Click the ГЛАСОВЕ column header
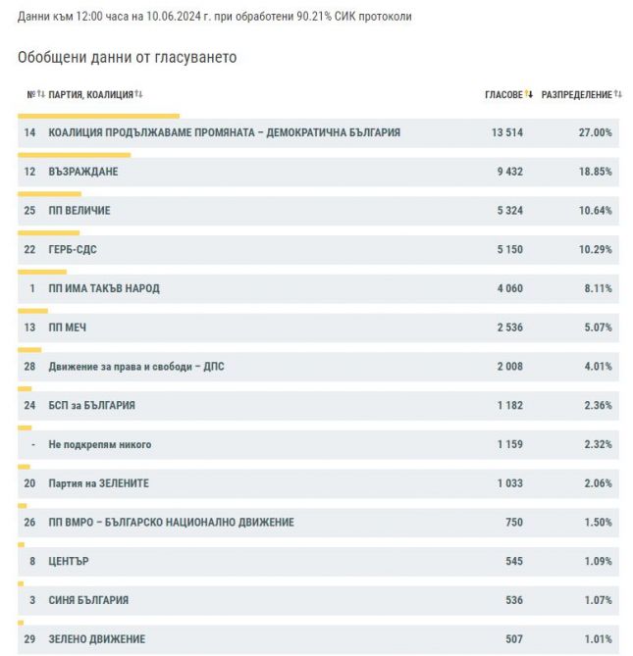click(503, 95)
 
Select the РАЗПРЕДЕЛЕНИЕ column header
click(576, 95)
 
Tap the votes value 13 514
click(507, 132)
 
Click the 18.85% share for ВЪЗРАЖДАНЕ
click(595, 172)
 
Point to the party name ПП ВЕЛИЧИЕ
click(79, 211)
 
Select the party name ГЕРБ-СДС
click(73, 250)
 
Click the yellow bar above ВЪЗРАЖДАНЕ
click(75, 155)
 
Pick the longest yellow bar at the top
click(98, 116)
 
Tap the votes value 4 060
click(510, 288)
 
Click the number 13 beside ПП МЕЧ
click(29, 328)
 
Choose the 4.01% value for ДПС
click(598, 367)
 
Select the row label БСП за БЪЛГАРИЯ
click(91, 405)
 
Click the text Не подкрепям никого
click(100, 444)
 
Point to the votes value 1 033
click(510, 483)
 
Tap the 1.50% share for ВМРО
click(598, 522)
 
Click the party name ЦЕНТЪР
click(69, 562)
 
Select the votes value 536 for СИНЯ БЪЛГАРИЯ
click(514, 600)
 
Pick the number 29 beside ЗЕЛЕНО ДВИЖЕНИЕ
click(29, 639)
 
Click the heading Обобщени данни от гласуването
click(128, 57)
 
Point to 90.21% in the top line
click(314, 17)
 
